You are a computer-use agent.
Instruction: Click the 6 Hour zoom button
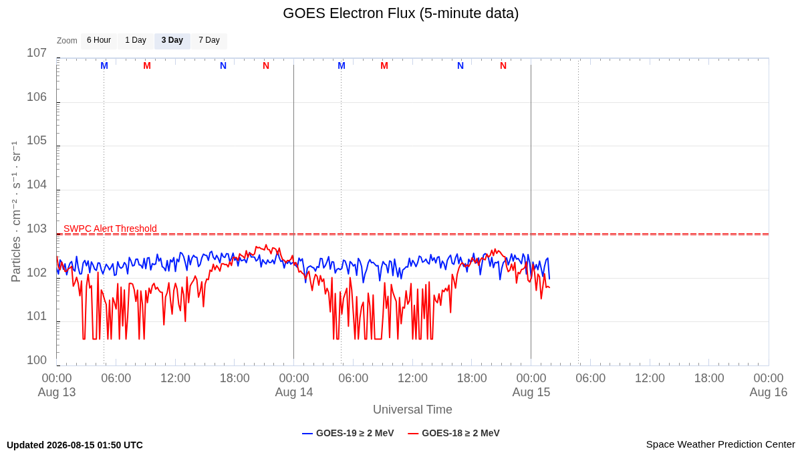pyautogui.click(x=99, y=41)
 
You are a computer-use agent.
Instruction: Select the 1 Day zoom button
pyautogui.click(x=136, y=41)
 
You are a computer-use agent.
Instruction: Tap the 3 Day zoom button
pyautogui.click(x=172, y=41)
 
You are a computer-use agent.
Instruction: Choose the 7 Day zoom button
pyautogui.click(x=209, y=41)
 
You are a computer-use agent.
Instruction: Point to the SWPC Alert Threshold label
pyautogui.click(x=110, y=229)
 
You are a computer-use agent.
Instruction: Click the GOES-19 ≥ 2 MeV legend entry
pyautogui.click(x=348, y=433)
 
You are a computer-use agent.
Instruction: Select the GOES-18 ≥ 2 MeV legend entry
pyautogui.click(x=454, y=433)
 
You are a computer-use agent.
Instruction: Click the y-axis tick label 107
pyautogui.click(x=37, y=53)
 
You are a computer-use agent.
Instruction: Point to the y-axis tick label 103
pyautogui.click(x=37, y=229)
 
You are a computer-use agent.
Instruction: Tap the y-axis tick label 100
pyautogui.click(x=37, y=360)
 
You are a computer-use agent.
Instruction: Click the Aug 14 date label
pyautogui.click(x=294, y=392)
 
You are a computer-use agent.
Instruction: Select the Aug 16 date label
pyautogui.click(x=769, y=392)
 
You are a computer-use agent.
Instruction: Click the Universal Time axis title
pyautogui.click(x=412, y=410)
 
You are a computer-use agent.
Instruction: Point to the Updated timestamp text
pyautogui.click(x=75, y=445)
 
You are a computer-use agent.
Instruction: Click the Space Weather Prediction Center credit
pyautogui.click(x=720, y=444)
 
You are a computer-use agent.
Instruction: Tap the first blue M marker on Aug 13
pyautogui.click(x=104, y=66)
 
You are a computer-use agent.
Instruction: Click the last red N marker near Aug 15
pyautogui.click(x=503, y=66)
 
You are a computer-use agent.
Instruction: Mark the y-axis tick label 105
pyautogui.click(x=37, y=141)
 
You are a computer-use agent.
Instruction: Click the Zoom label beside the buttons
pyautogui.click(x=67, y=41)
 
